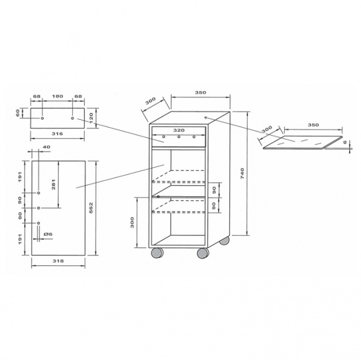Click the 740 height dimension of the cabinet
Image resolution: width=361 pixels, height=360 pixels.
[x=242, y=174]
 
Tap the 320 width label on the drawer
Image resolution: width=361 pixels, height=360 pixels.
[x=179, y=130]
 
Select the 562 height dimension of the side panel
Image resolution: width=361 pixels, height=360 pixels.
[x=91, y=208]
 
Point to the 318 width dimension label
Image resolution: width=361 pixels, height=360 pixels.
[x=58, y=261]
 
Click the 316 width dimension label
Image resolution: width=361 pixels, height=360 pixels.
[x=57, y=134]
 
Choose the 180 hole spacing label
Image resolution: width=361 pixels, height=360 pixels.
[x=57, y=96]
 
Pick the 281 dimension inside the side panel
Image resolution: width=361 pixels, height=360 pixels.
[x=53, y=184]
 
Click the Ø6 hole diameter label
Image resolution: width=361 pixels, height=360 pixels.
[x=48, y=234]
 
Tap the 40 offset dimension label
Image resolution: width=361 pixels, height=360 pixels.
[x=46, y=147]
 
